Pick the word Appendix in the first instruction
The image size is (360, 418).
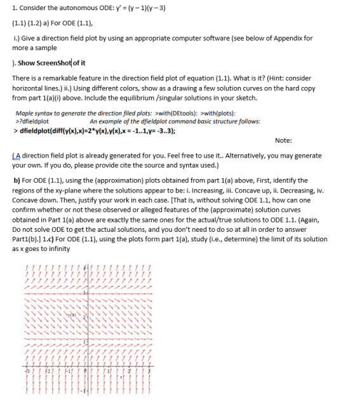[283, 37]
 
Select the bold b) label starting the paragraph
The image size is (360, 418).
[17, 180]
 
